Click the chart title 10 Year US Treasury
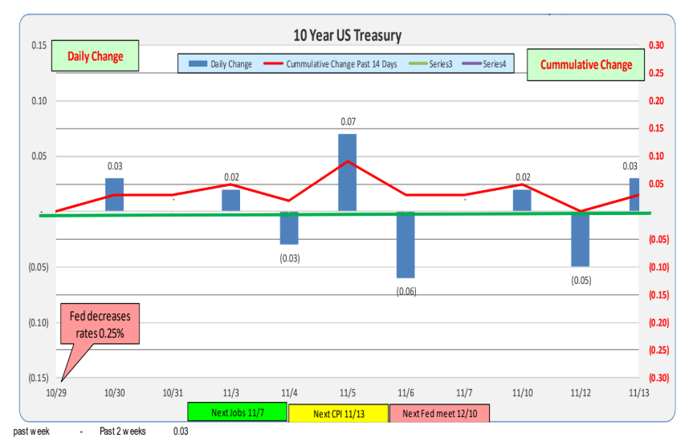pos(347,35)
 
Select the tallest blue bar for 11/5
pos(347,172)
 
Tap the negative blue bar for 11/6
pos(406,245)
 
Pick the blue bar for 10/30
pos(115,195)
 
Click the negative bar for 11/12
pos(581,239)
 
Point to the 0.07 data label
pos(347,122)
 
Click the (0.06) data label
pos(406,291)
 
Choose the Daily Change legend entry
pos(222,64)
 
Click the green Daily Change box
pos(96,57)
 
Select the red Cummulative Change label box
pos(585,64)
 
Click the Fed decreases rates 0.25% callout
pos(100,324)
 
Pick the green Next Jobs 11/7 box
pos(237,412)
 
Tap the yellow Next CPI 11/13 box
pos(338,413)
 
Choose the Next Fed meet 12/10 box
pos(439,413)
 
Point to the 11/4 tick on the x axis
pos(289,393)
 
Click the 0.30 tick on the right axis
pos(656,46)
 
